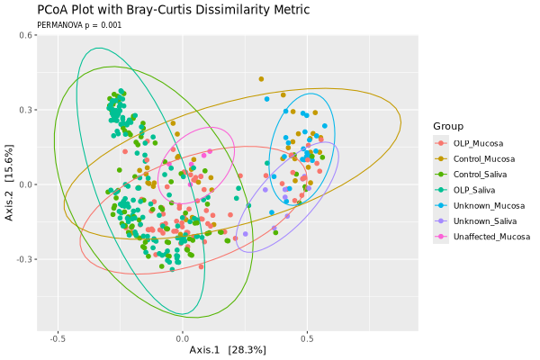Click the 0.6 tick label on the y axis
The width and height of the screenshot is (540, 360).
coord(28,35)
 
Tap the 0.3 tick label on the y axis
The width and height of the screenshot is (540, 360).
coord(28,110)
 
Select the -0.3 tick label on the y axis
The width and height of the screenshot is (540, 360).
coord(26,259)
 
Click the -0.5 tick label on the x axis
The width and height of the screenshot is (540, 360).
coord(58,340)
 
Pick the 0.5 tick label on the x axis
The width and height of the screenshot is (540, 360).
coord(307,340)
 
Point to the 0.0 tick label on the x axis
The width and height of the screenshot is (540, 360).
coord(183,340)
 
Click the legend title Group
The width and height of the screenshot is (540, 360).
coord(448,125)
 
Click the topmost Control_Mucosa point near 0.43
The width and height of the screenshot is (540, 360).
coord(261,79)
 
